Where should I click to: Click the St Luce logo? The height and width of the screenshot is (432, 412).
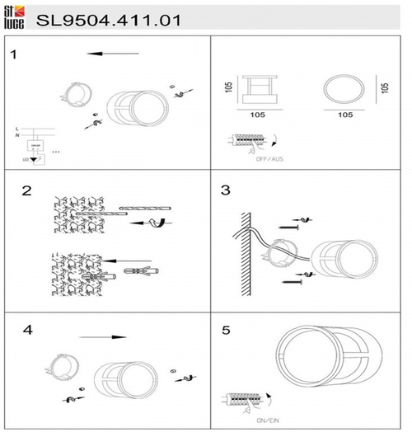click(15, 15)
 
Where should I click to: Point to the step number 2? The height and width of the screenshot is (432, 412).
click(26, 191)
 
